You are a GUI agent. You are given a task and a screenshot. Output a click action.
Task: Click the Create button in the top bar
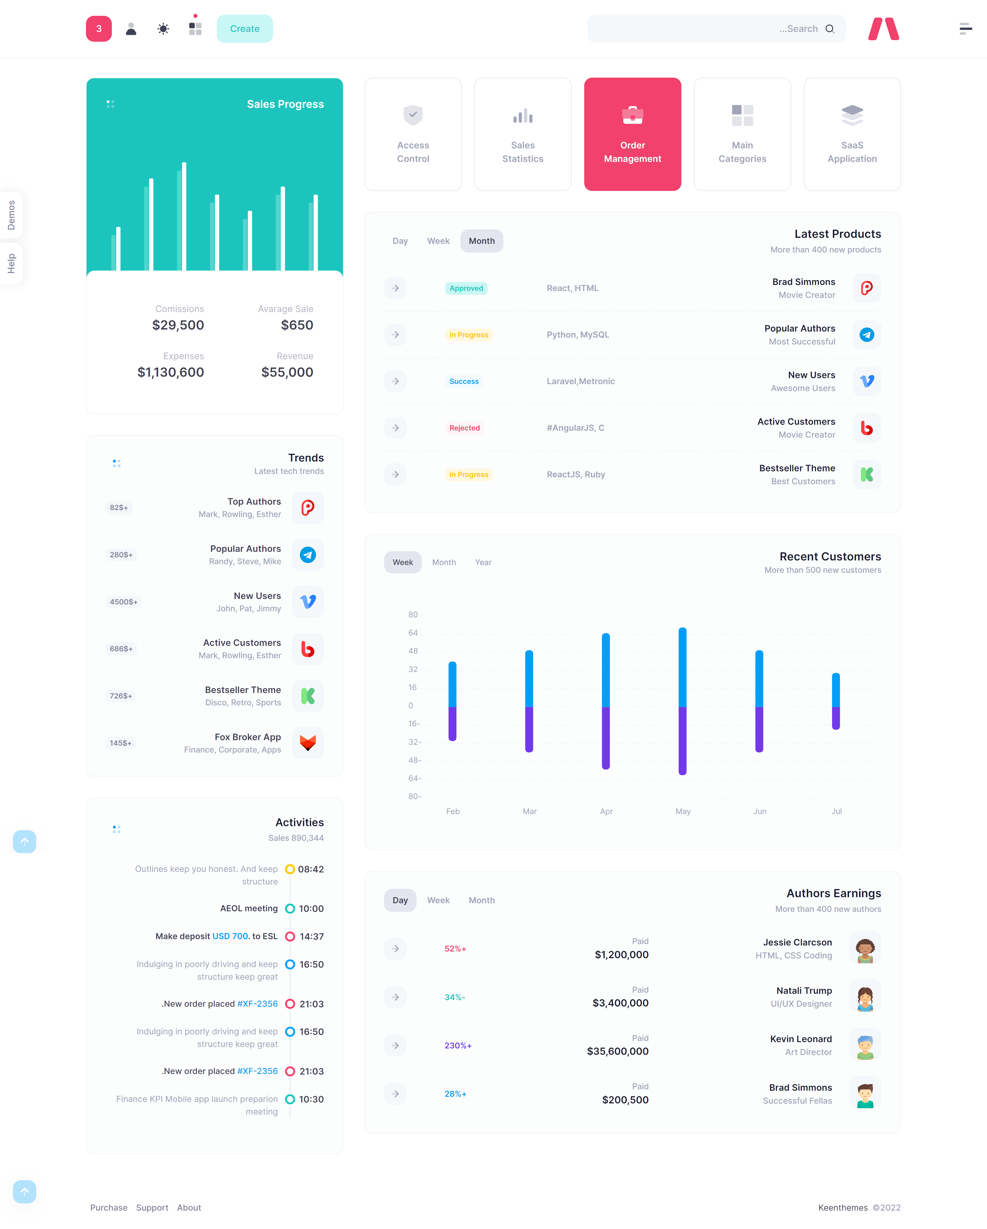[x=244, y=28]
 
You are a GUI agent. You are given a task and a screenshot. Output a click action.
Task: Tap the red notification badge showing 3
[x=99, y=28]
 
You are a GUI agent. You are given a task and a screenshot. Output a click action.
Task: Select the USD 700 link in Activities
[x=230, y=936]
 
